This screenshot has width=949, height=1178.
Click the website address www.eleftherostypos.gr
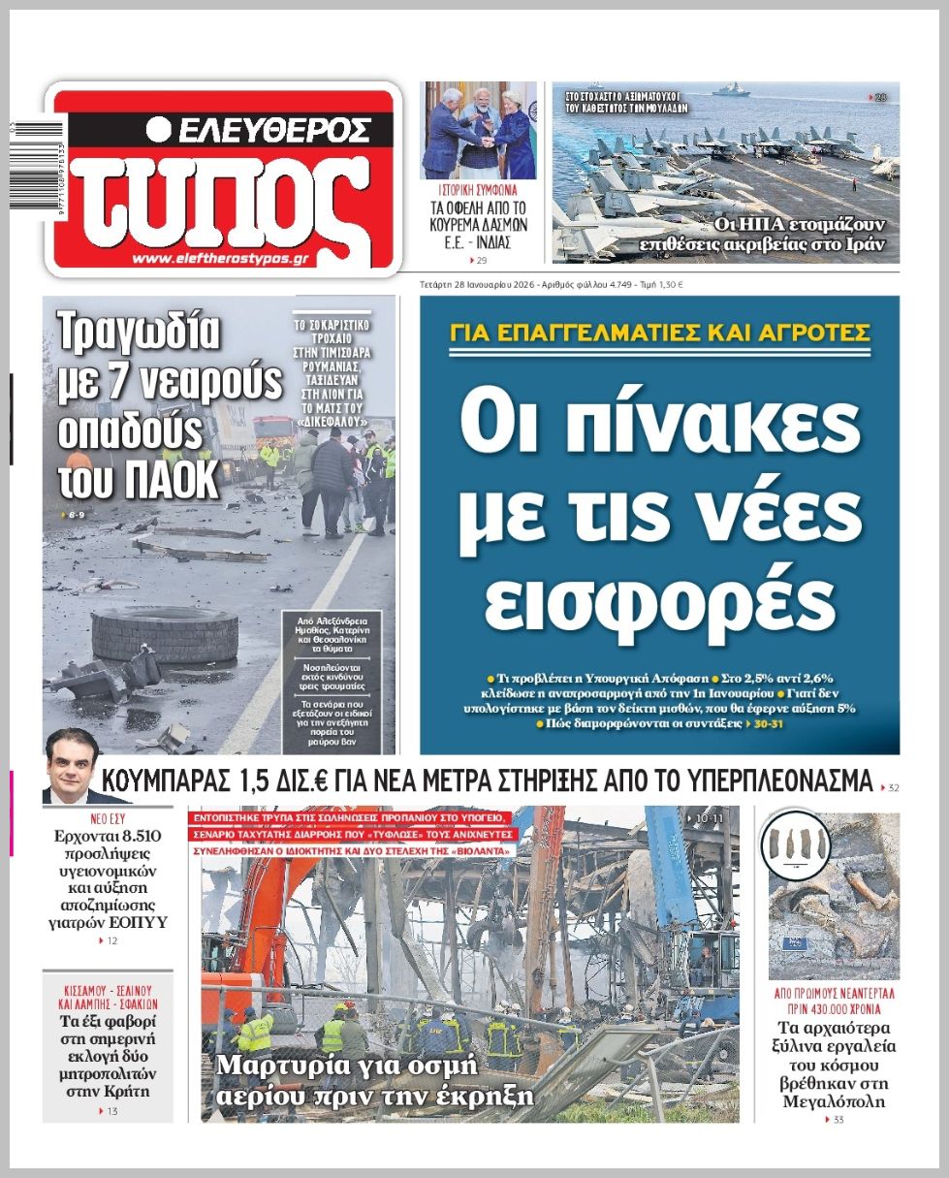tap(233, 260)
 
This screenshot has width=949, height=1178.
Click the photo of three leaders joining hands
tap(478, 129)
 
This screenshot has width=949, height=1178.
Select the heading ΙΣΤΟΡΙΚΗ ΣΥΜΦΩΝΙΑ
tap(479, 190)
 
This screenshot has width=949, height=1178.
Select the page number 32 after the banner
tap(893, 787)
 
